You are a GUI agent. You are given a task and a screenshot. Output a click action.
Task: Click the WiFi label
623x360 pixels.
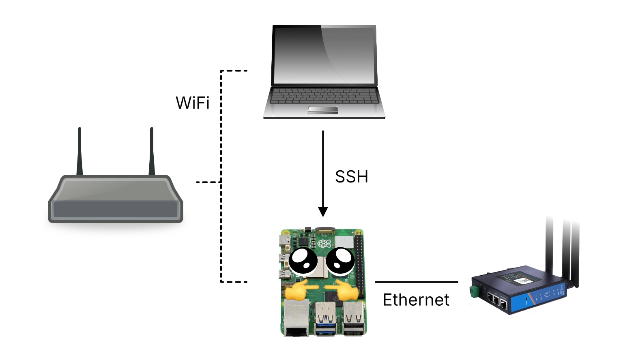(x=192, y=103)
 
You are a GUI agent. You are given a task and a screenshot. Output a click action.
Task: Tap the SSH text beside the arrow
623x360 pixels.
(x=351, y=177)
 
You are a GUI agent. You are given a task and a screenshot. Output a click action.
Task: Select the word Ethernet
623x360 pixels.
(x=416, y=300)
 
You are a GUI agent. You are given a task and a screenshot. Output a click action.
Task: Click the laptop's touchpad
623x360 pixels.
(x=323, y=110)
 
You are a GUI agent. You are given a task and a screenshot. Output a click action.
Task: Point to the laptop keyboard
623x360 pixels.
(x=324, y=96)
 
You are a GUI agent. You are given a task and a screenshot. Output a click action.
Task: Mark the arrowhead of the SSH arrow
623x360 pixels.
(x=323, y=212)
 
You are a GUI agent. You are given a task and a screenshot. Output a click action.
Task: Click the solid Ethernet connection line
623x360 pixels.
(x=416, y=282)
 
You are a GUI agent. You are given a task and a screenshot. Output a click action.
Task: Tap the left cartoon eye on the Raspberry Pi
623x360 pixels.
(x=303, y=261)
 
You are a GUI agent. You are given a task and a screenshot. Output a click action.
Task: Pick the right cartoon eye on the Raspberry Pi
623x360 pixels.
(x=340, y=261)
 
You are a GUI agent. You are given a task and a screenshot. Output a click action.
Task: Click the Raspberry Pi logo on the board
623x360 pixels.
(x=324, y=244)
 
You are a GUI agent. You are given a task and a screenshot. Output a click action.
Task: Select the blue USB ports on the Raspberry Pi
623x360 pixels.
(x=325, y=320)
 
